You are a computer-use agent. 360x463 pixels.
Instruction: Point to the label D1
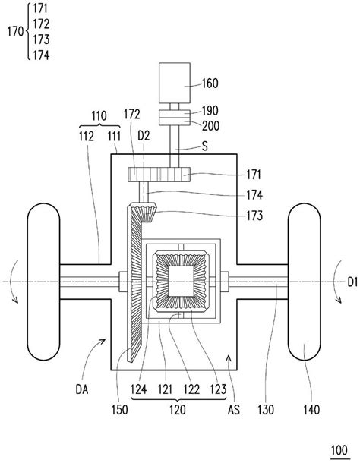click(346, 282)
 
